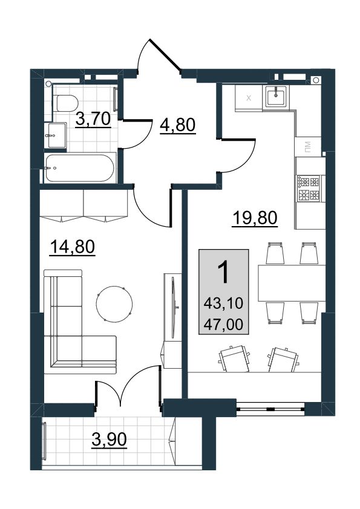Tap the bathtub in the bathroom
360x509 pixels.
80,168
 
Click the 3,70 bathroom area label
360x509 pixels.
93,120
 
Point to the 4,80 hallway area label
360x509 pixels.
178,125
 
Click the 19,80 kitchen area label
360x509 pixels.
255,218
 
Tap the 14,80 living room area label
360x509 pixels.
72,247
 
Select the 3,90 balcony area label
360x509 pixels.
109,440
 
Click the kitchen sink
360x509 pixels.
277,96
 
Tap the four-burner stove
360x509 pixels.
309,188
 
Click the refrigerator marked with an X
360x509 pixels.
249,98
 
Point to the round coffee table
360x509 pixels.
114,304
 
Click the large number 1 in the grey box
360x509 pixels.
223,273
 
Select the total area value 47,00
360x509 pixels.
223,324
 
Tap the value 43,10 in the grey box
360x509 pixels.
223,303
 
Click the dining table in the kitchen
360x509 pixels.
292,284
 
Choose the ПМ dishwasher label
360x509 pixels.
307,147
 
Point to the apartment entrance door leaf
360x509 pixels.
165,54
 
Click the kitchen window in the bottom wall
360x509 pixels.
270,409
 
